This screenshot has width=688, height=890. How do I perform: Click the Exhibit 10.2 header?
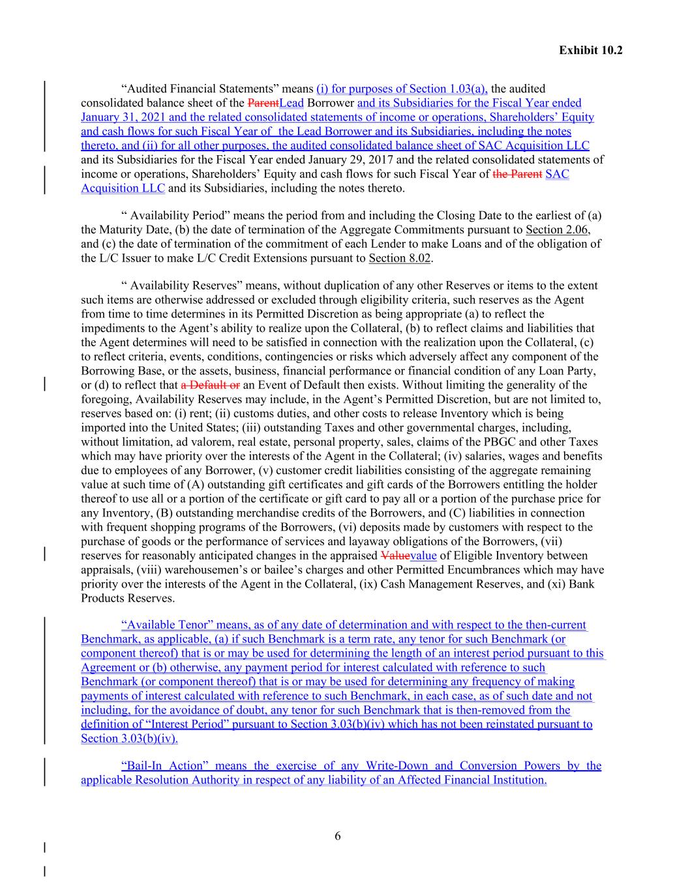[590, 50]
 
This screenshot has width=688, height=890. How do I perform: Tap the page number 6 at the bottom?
[337, 837]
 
